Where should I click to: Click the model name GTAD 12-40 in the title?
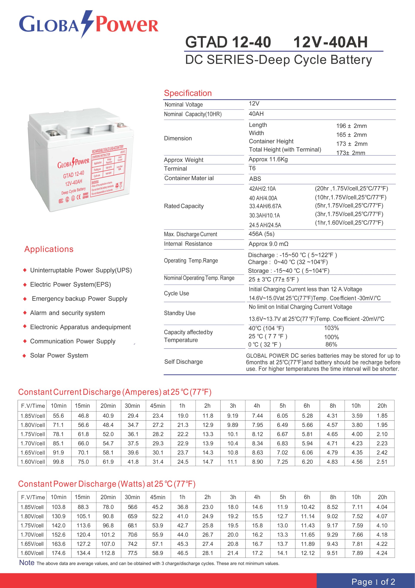pyautogui.click(x=228, y=42)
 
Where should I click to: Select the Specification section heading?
pyautogui.click(x=188, y=93)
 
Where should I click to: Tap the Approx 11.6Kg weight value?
pyautogui.click(x=268, y=159)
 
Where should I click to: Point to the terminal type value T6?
pyautogui.click(x=252, y=168)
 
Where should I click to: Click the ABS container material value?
pyautogui.click(x=255, y=179)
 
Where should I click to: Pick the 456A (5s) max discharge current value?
pyautogui.click(x=261, y=234)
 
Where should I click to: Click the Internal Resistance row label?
pyautogui.click(x=188, y=244)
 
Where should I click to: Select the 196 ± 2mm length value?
pyautogui.click(x=351, y=126)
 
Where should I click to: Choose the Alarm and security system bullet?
pyautogui.click(x=67, y=313)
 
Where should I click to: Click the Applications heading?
pyautogui.click(x=49, y=249)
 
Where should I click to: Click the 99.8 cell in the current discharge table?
pyautogui.click(x=58, y=462)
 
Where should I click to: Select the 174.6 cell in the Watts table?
pyautogui.click(x=58, y=553)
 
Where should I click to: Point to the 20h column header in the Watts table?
pyautogui.click(x=382, y=497)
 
